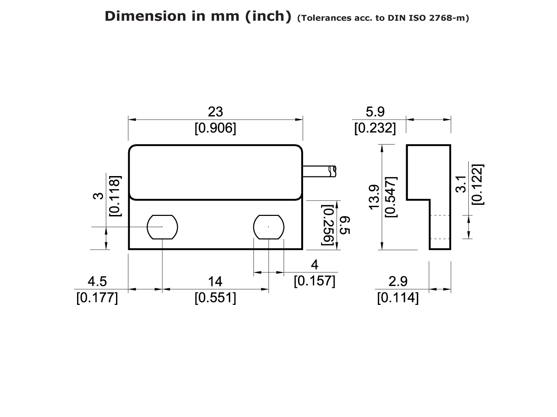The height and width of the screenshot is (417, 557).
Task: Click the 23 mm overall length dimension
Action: [x=215, y=112]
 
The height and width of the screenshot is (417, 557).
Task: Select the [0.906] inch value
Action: [x=215, y=128]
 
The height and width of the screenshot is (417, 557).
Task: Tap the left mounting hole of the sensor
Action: [x=162, y=227]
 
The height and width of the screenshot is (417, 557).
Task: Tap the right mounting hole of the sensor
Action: [x=269, y=227]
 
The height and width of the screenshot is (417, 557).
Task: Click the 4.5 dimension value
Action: [x=97, y=281]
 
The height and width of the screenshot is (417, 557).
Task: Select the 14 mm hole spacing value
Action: [x=215, y=281]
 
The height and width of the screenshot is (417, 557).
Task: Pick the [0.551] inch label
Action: [x=215, y=298]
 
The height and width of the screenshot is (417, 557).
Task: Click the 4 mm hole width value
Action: [x=315, y=265]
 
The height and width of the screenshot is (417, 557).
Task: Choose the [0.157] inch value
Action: [x=315, y=281]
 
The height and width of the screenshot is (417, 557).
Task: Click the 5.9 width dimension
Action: [x=375, y=112]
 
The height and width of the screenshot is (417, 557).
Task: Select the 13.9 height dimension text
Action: [x=374, y=196]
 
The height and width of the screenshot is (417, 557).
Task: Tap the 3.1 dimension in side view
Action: [x=460, y=184]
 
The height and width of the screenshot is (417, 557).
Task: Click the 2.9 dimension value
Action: [x=398, y=281]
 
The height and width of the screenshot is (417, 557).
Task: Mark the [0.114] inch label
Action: [x=398, y=298]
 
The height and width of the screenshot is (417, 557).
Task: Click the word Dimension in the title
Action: [x=138, y=16]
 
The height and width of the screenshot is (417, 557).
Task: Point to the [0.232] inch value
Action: [x=375, y=128]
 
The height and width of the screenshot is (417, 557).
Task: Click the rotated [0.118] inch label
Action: [x=115, y=196]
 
